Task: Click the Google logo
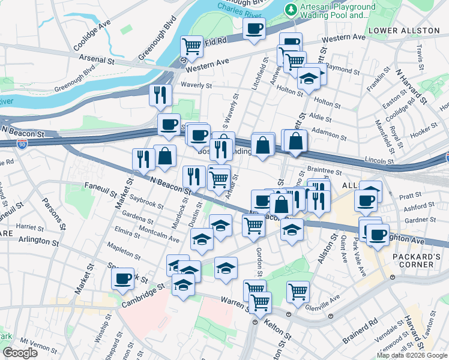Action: pos(20,353)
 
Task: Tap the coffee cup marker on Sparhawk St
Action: pos(123,278)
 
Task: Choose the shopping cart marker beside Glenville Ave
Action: pos(298,292)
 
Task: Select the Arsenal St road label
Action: pos(95,61)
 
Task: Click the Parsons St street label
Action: pos(50,210)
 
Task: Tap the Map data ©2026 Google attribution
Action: pos(412,355)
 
